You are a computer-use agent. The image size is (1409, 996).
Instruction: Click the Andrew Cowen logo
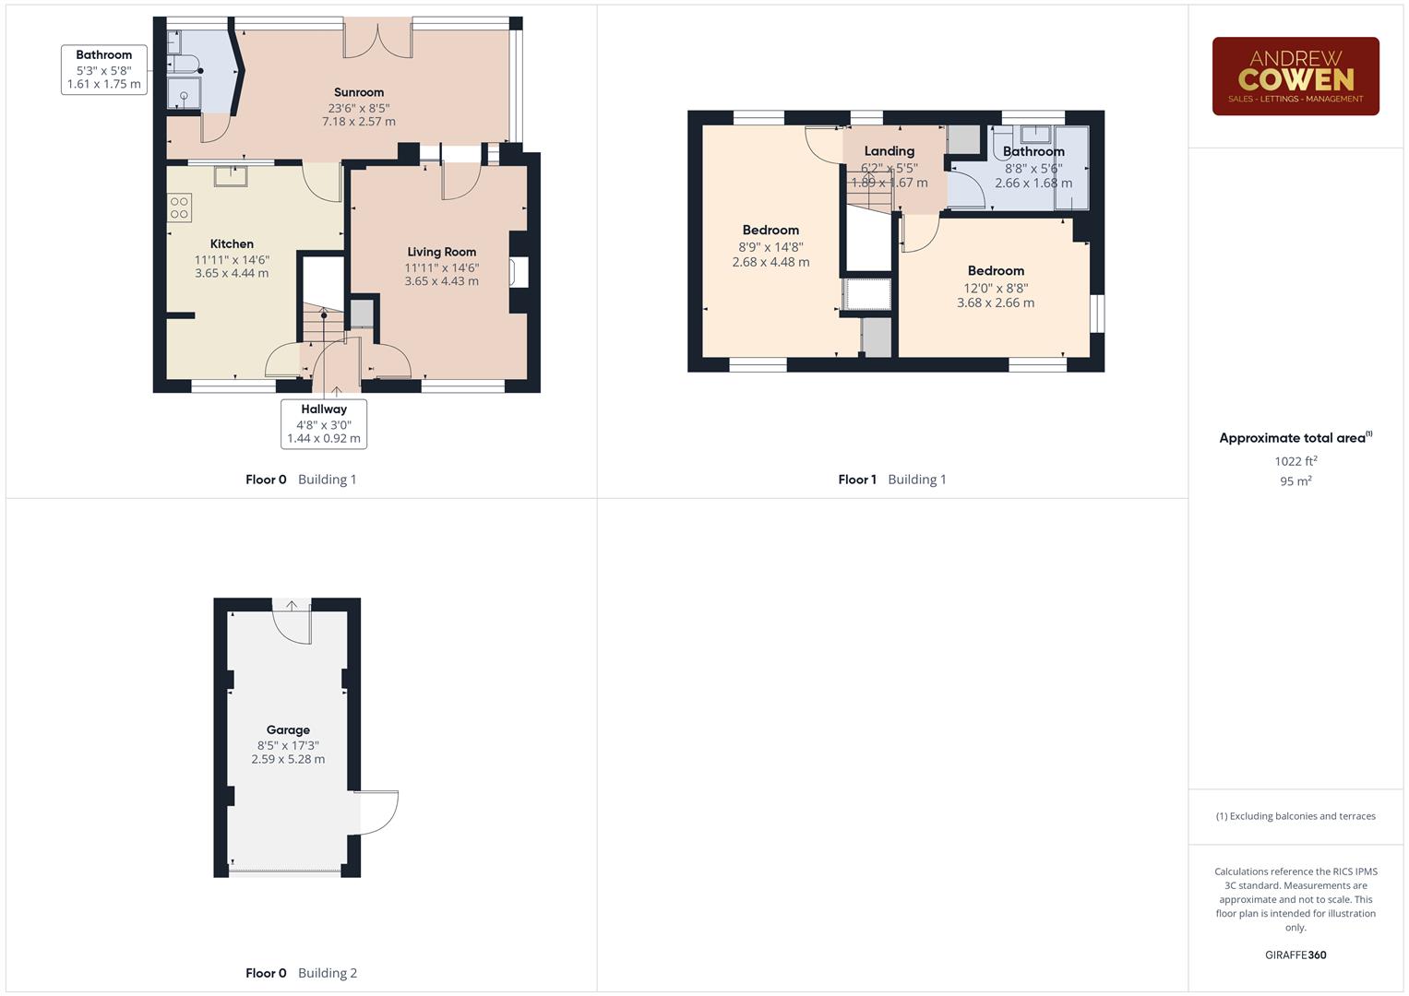(1295, 77)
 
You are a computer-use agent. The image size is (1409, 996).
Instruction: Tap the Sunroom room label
(358, 92)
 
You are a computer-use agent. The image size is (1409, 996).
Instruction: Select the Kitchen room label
(232, 244)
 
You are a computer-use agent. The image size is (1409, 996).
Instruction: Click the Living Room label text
(441, 252)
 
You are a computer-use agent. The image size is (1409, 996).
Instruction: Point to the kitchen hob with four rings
(180, 207)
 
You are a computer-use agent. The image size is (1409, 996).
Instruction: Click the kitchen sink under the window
(231, 174)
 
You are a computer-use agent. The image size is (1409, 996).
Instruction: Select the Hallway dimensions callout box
(324, 424)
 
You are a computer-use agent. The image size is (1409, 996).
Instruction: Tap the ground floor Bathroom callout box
(103, 69)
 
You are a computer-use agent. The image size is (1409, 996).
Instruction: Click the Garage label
(288, 729)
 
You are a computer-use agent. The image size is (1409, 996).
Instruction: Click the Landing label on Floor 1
(890, 151)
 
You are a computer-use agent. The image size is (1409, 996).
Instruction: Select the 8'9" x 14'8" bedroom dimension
(770, 247)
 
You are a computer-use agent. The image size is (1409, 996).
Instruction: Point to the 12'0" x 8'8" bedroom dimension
(996, 288)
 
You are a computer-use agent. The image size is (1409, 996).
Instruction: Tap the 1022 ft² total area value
(1296, 461)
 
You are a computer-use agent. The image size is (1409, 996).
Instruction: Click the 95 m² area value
(1296, 481)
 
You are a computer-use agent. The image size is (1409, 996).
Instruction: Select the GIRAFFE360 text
(1296, 955)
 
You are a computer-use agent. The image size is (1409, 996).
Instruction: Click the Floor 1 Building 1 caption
(891, 480)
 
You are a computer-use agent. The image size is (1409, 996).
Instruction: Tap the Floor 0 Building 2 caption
(301, 973)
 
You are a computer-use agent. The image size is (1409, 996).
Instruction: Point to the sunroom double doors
(377, 39)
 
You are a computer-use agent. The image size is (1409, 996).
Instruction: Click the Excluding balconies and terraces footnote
(1296, 816)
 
